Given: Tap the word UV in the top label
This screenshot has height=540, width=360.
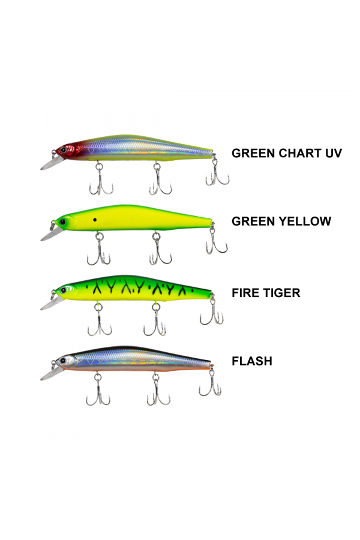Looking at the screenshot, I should (332, 153).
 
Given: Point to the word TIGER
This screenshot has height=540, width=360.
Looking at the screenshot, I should (281, 293).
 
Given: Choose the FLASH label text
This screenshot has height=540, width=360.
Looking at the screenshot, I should (252, 361).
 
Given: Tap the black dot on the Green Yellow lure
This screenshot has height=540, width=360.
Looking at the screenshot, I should (95, 221).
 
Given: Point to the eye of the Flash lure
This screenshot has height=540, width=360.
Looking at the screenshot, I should (62, 361).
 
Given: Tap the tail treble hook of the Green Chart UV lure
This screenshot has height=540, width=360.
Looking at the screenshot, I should (217, 175).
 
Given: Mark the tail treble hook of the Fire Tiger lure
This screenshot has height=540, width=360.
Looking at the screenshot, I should (211, 314).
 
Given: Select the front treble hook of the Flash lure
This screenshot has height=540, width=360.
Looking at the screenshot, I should (97, 393).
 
